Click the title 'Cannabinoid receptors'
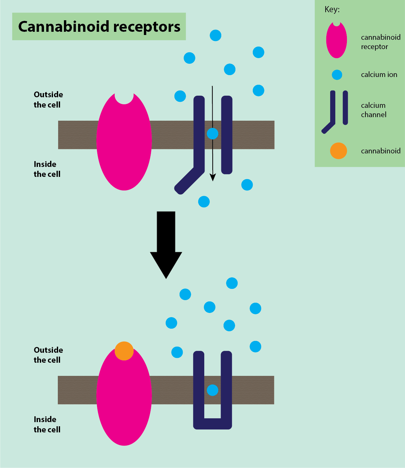coord(99,27)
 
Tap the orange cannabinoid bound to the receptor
coord(124,351)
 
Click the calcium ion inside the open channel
coord(212,133)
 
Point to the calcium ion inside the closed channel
coord(212,390)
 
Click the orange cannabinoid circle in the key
coord(339,151)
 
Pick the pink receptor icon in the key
coord(337,40)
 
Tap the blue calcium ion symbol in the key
coord(337,75)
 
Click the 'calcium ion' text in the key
coord(379,75)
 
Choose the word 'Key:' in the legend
coord(332,10)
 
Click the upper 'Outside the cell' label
coord(48,100)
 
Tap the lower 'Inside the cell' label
coord(47,424)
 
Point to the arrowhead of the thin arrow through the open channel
coord(213,178)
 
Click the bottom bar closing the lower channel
coord(213,424)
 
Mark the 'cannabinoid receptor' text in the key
coord(381,42)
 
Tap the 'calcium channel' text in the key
coord(374,110)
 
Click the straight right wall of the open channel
coord(227,135)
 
